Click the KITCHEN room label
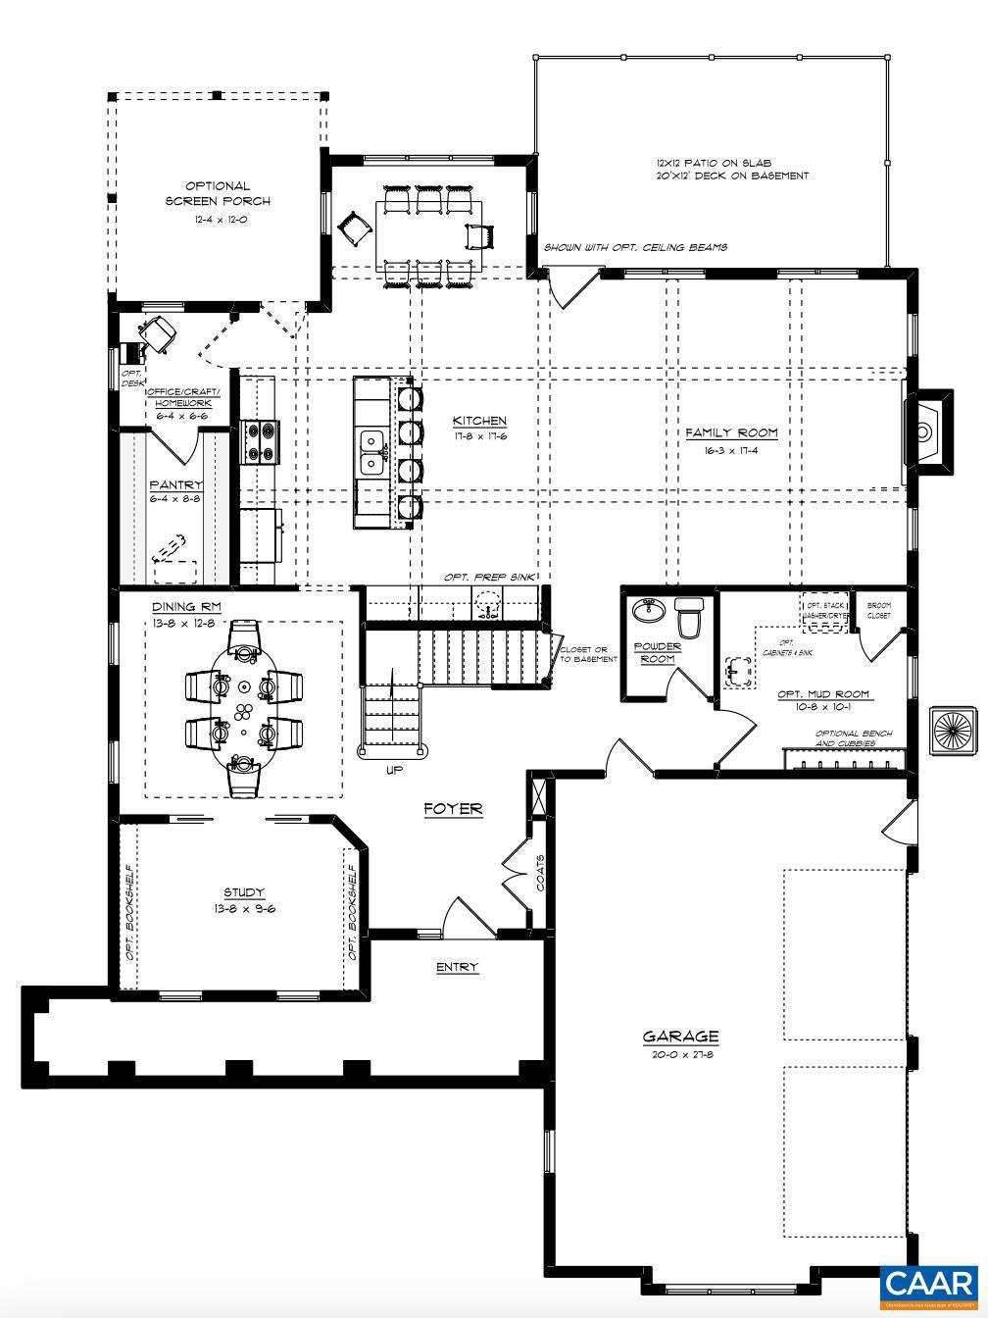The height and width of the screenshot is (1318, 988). (x=479, y=421)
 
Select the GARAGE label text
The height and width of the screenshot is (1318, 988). (x=680, y=1036)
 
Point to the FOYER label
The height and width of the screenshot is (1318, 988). (x=453, y=809)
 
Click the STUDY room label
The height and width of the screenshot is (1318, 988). (x=244, y=892)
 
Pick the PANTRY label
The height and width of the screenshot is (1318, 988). (x=175, y=484)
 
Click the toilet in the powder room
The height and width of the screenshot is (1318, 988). (x=690, y=619)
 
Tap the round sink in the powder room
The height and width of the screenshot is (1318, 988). (x=648, y=611)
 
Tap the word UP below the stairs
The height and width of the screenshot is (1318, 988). (x=394, y=770)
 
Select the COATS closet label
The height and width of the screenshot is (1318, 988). (x=540, y=872)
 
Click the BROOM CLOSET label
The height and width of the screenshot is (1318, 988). (x=878, y=610)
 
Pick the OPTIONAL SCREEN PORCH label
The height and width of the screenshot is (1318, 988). (x=218, y=193)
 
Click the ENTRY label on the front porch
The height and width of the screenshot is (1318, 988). (x=457, y=967)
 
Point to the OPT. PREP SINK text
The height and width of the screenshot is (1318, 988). (x=489, y=578)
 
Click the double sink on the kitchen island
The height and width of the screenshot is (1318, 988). (x=371, y=451)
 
